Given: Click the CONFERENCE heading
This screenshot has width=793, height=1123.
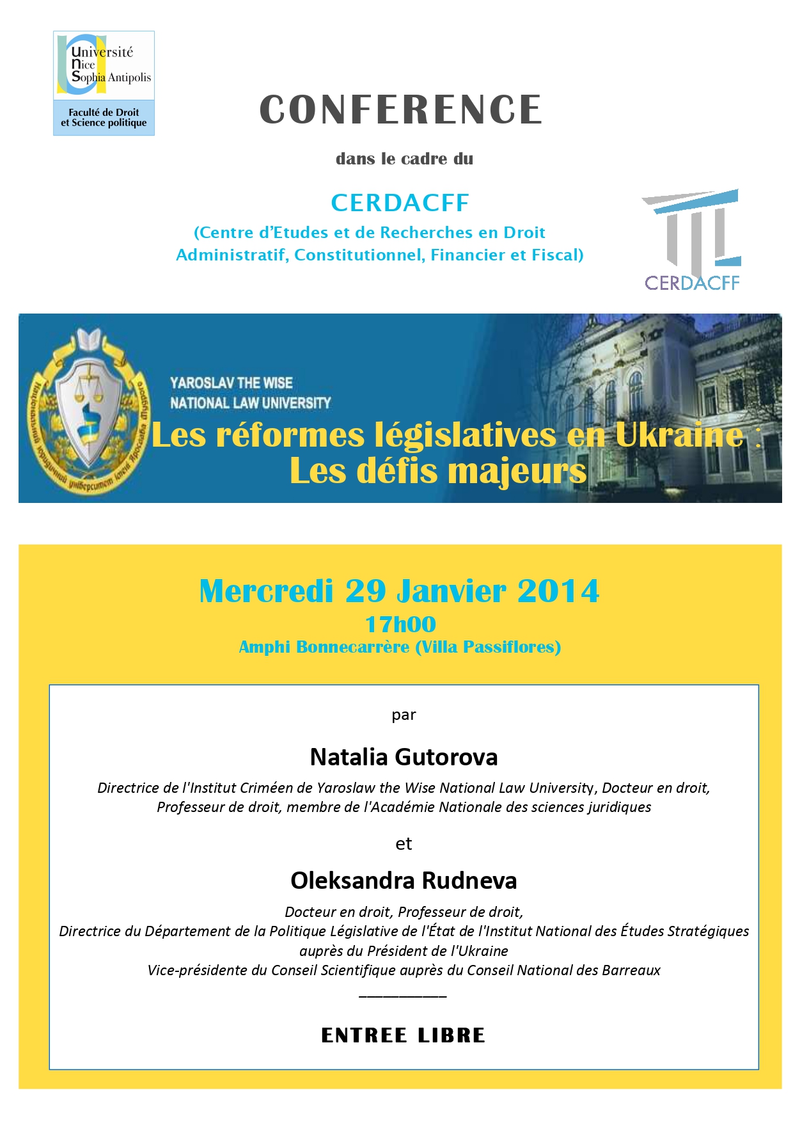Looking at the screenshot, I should pyautogui.click(x=401, y=109).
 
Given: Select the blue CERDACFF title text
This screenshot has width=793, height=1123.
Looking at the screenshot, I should pyautogui.click(x=400, y=203).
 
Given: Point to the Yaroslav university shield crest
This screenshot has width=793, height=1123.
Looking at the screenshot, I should pyautogui.click(x=90, y=410).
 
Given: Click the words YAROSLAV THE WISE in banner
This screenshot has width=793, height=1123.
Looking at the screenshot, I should pyautogui.click(x=231, y=383).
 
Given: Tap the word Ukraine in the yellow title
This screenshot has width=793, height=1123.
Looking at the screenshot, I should pyautogui.click(x=679, y=435).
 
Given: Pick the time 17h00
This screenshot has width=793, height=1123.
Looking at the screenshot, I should pyautogui.click(x=400, y=624).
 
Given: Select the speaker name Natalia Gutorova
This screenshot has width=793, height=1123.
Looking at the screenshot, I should pyautogui.click(x=404, y=757).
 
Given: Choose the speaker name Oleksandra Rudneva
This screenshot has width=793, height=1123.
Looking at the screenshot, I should pyautogui.click(x=404, y=880).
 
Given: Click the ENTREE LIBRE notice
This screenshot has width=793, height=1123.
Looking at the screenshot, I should pyautogui.click(x=403, y=1035).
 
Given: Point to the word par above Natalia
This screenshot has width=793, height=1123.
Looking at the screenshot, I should pyautogui.click(x=404, y=715).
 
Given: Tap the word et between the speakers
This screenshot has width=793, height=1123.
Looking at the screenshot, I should pyautogui.click(x=404, y=844).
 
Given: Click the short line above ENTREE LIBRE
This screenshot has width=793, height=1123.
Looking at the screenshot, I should pyautogui.click(x=403, y=996).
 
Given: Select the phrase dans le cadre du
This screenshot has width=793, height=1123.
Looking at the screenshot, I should pyautogui.click(x=404, y=159).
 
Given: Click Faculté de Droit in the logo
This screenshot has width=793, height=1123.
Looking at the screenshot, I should pyautogui.click(x=104, y=112).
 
